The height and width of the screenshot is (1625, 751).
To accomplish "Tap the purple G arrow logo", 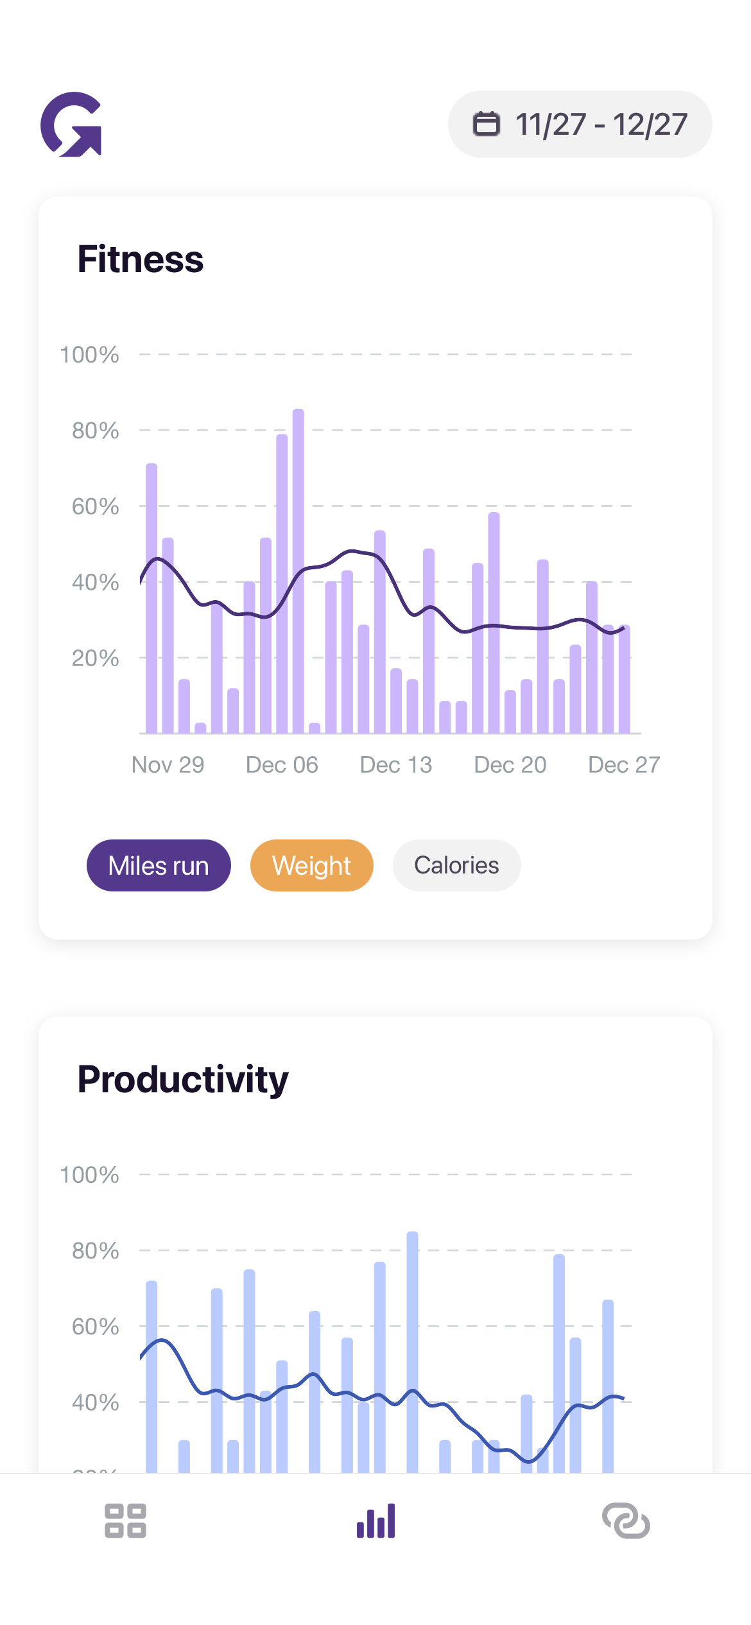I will click(71, 125).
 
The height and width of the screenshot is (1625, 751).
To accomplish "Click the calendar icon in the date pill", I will click(486, 124).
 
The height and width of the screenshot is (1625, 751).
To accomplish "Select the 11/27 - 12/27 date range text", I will click(601, 125).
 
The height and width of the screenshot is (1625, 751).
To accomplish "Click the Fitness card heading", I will click(141, 259).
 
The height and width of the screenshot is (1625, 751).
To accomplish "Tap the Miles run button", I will click(159, 865).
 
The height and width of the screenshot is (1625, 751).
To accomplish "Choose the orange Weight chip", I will click(312, 865).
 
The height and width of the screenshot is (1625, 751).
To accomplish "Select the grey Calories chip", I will click(456, 865).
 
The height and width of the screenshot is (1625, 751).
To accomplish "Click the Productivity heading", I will click(183, 1079).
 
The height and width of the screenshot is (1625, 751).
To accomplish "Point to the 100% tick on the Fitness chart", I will click(89, 355).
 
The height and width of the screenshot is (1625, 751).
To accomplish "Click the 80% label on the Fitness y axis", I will click(95, 431).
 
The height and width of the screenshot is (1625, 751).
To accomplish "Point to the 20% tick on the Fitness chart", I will click(95, 658).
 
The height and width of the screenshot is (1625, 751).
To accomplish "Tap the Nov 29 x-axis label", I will click(168, 765).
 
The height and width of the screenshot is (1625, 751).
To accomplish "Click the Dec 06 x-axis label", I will click(282, 765).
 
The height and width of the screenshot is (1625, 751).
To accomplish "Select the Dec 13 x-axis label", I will click(396, 765).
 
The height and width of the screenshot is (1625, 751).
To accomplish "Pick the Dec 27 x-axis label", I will click(624, 765).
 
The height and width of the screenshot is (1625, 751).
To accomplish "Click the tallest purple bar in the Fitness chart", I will click(298, 571).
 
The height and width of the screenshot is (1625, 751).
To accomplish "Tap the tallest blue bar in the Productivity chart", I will click(413, 1348).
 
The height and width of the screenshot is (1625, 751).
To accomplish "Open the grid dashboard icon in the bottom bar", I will click(126, 1520).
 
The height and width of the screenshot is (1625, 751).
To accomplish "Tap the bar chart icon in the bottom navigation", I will click(376, 1520).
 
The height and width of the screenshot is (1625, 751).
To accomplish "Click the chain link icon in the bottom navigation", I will click(626, 1520).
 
